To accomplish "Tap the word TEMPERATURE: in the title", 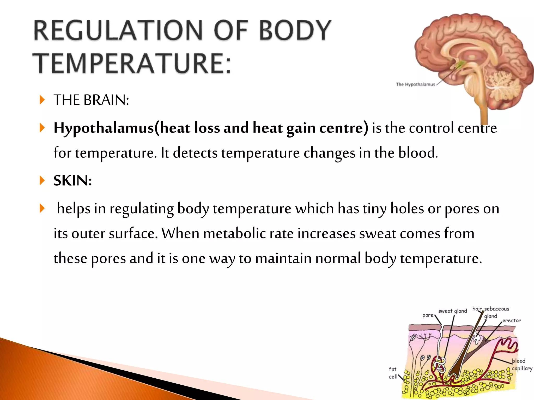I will point(132,63).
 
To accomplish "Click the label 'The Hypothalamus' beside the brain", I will point(415,84).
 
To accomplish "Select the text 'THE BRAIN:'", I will point(91,100).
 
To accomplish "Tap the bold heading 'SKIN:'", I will point(72,180).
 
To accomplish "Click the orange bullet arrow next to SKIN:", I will point(42,180).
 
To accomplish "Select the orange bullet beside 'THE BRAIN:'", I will point(42,100).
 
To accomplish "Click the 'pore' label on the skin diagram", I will point(428,315).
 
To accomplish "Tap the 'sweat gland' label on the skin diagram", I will point(452,311).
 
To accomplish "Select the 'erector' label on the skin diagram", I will point(511,321).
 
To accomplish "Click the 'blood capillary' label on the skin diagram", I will point(521,365).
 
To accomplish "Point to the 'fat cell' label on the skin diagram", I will point(393,373).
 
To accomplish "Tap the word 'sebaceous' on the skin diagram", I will point(496,309).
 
